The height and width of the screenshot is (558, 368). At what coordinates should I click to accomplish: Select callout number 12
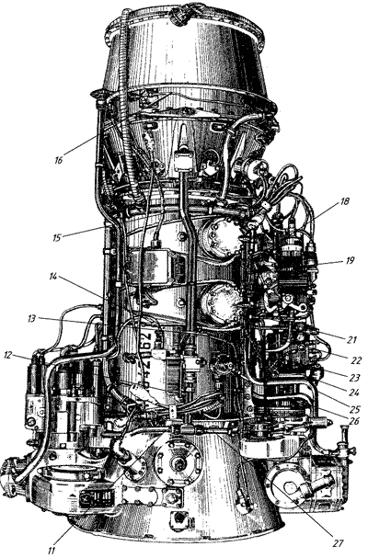pos(9,355)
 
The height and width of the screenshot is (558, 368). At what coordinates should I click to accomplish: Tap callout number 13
pos(32,318)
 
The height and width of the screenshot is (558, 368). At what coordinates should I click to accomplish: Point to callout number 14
pos(53,277)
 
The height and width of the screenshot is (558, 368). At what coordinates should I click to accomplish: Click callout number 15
pos(57,237)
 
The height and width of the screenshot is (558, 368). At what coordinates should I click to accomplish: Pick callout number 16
pos(59,160)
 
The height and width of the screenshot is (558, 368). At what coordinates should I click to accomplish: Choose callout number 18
pos(344,201)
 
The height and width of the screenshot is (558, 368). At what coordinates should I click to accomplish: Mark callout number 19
pos(350,260)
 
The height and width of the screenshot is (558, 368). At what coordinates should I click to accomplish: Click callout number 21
pos(351,340)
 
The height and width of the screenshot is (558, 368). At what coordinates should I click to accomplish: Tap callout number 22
pos(356,360)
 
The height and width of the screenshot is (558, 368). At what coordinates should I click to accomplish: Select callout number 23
pos(355,377)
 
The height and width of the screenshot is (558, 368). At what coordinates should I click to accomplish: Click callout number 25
pos(355,408)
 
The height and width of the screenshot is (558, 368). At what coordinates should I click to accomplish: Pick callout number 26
pos(353,422)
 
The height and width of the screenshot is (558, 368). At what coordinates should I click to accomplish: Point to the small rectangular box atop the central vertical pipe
pos(184,163)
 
